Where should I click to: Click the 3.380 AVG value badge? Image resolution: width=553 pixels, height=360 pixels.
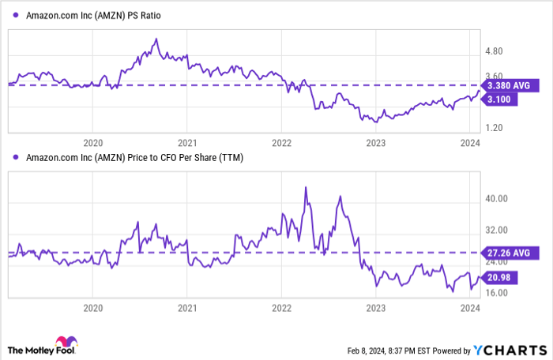click(512, 85)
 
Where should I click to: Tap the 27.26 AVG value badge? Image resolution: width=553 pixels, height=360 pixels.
click(512, 253)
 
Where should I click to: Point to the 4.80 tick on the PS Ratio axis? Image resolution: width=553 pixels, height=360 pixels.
click(495, 52)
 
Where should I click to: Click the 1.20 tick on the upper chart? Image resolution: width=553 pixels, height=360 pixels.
click(495, 127)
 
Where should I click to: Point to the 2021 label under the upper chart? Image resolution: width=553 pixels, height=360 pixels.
click(187, 143)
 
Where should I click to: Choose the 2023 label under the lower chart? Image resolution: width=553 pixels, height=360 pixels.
click(375, 308)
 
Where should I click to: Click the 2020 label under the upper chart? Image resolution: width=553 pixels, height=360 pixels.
click(93, 143)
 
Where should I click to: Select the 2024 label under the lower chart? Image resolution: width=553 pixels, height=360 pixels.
click(469, 308)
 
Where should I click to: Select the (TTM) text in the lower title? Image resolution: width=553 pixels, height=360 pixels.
click(230, 158)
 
